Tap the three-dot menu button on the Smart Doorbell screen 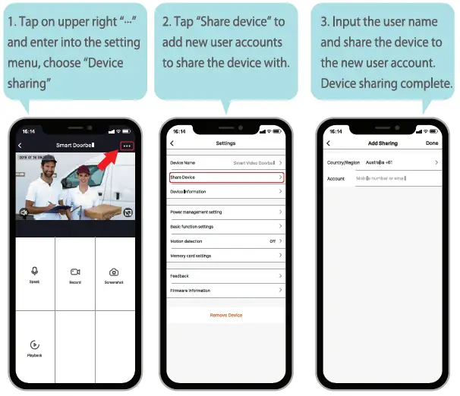127,145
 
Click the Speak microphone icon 35,272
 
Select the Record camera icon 75,272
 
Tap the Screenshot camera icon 114,272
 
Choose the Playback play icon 35,344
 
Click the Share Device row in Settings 226,177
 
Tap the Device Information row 226,192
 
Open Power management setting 226,212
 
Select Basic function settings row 226,226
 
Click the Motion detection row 226,241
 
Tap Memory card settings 226,256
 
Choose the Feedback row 226,276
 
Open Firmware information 226,291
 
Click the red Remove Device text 226,315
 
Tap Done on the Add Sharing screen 432,143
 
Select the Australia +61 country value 379,162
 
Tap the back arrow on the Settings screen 172,143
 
